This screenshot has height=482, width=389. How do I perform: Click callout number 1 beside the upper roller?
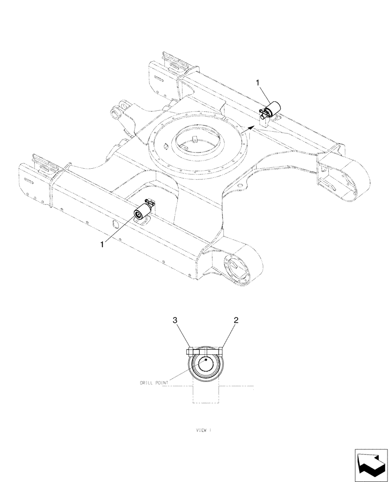259,84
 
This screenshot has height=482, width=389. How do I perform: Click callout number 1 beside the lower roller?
102,245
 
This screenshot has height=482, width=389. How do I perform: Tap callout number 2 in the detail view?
236,320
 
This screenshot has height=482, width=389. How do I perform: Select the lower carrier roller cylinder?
142,213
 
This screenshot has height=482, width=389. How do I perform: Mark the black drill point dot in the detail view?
206,360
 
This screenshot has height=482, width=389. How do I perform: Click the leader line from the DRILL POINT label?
185,374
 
